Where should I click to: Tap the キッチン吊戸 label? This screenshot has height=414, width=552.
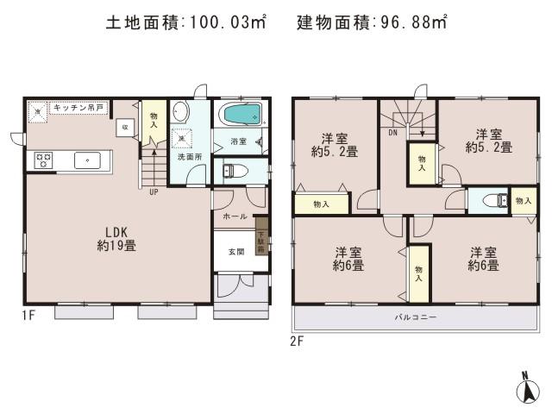(77, 108)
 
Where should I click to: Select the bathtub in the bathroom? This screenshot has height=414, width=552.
(240, 115)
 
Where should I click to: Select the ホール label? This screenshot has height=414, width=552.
(235, 216)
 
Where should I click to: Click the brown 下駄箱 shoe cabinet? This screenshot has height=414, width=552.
(260, 233)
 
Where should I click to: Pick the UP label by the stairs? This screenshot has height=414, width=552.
(154, 191)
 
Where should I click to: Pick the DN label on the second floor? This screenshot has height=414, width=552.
(392, 135)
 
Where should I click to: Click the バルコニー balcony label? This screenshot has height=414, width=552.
(416, 317)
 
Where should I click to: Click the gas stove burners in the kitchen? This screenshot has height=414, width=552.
(43, 160)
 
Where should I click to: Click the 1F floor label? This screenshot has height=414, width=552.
(28, 316)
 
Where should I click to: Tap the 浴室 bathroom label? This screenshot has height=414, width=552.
(239, 141)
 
